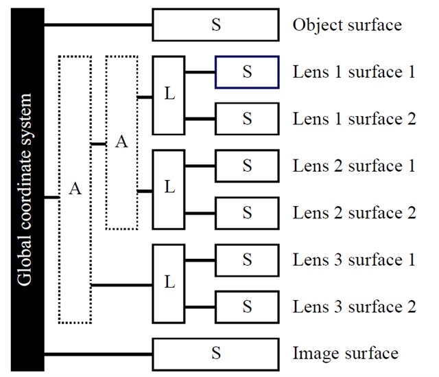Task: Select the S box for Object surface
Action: point(215,25)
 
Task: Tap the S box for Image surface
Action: point(215,354)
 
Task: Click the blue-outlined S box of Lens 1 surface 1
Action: point(247,72)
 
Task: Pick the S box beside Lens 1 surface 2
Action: point(247,119)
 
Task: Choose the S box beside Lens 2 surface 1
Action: point(247,166)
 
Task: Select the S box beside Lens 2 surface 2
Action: point(247,213)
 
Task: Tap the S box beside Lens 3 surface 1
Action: point(247,260)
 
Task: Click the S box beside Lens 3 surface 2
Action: point(247,307)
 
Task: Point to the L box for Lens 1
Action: point(169,95)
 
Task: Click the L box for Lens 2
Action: point(169,190)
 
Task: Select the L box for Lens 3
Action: point(169,283)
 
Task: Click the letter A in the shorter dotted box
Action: point(121,142)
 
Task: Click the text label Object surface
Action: point(346,25)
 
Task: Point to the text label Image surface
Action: point(345,354)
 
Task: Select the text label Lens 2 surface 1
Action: point(354,166)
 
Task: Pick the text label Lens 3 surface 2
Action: point(354,307)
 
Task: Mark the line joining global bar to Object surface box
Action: point(98,25)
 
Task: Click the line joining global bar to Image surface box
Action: point(98,354)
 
